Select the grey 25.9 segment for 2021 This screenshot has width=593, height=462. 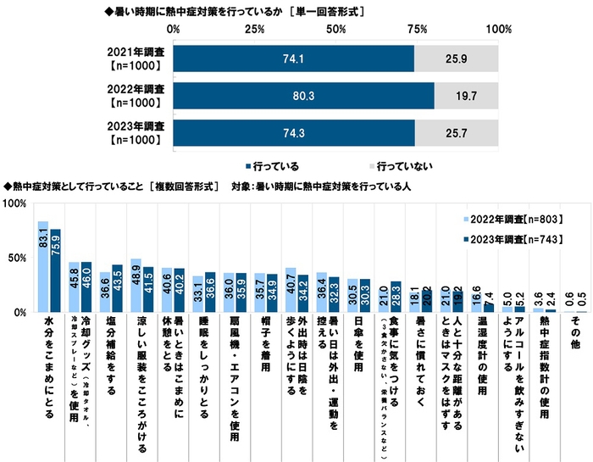(457, 58)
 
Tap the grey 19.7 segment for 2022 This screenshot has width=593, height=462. (466, 96)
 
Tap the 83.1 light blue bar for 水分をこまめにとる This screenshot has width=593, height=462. (43, 267)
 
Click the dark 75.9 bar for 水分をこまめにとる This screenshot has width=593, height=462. (55, 271)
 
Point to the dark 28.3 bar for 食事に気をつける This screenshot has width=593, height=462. (395, 297)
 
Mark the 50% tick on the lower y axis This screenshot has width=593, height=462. (15, 258)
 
